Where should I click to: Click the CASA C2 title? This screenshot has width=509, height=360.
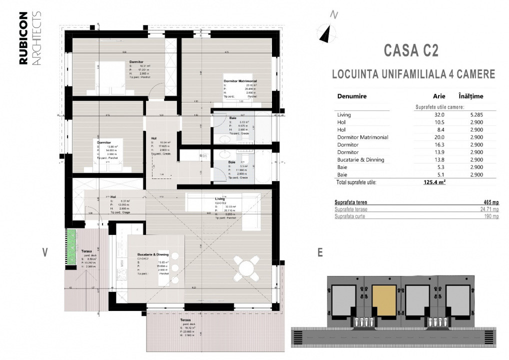(411, 50)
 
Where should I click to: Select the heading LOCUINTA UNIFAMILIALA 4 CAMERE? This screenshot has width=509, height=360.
(413, 74)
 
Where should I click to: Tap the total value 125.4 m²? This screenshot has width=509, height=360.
(434, 182)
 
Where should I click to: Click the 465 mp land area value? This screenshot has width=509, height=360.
(491, 202)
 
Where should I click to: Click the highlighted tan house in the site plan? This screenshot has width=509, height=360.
(383, 300)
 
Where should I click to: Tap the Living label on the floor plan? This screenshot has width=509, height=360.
(220, 198)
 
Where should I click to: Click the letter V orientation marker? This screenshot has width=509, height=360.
(44, 252)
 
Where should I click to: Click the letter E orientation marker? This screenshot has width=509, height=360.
(319, 252)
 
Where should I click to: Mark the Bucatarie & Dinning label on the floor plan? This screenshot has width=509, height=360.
(151, 255)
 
